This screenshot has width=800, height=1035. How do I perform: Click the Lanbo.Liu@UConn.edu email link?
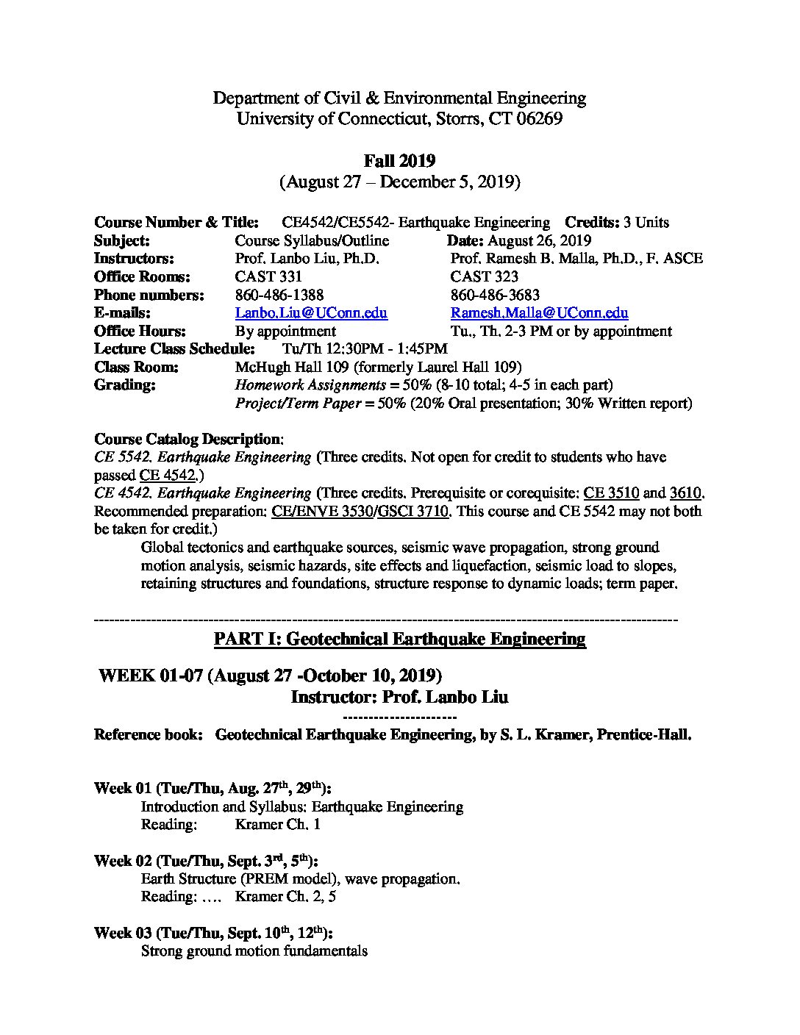311,313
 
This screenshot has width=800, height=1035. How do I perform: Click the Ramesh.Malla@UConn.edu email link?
539,313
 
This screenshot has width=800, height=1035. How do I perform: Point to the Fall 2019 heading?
399,161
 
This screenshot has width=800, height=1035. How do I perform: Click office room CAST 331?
268,277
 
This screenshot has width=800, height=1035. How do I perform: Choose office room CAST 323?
484,277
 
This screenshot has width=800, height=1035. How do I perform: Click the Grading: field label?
125,385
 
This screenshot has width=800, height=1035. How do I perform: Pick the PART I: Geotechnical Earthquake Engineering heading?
399,639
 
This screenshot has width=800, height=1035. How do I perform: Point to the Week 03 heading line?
213,933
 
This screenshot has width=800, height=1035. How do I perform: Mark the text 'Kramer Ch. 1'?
277,825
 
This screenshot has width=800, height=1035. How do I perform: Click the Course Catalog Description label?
187,440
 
